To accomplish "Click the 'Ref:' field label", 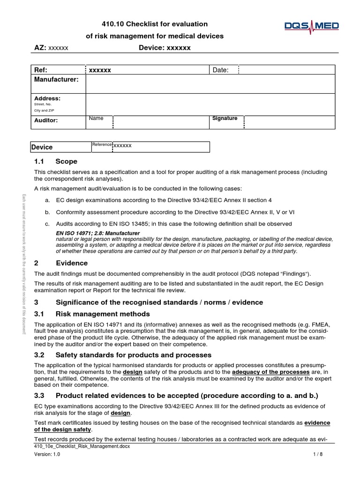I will (x=41, y=70).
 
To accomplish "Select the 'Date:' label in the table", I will (x=220, y=70).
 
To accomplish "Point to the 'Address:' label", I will (x=47, y=98).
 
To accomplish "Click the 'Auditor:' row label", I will (x=46, y=120).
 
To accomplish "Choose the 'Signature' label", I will (x=225, y=119).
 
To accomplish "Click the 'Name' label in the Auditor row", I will (x=96, y=119).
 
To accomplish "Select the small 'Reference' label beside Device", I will (x=102, y=145).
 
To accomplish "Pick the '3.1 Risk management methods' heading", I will (x=92, y=314).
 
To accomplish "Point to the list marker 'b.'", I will (x=47, y=212).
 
